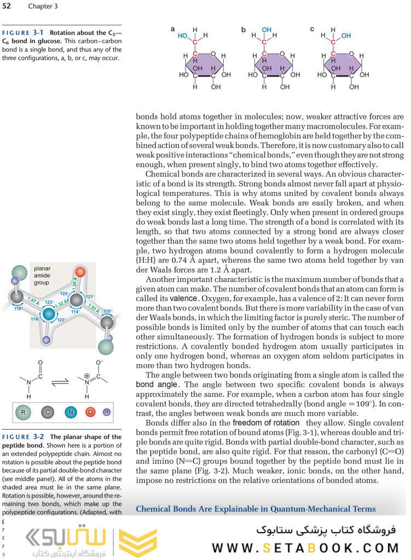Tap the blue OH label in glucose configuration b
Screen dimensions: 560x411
[267, 30]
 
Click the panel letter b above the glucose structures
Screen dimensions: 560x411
[244, 28]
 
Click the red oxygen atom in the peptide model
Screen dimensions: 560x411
[79, 272]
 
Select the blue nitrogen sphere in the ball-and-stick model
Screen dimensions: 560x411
[49, 314]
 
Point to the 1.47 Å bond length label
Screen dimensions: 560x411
[33, 300]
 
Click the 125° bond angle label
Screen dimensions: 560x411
[63, 294]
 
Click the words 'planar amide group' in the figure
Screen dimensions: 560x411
[42, 275]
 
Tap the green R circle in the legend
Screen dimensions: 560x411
[24, 412]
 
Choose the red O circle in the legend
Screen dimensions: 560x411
[90, 412]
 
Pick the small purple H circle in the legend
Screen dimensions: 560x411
[107, 412]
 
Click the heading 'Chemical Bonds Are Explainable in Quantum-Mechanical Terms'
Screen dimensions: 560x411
[256, 509]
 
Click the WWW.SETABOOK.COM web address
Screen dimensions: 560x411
[306, 548]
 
